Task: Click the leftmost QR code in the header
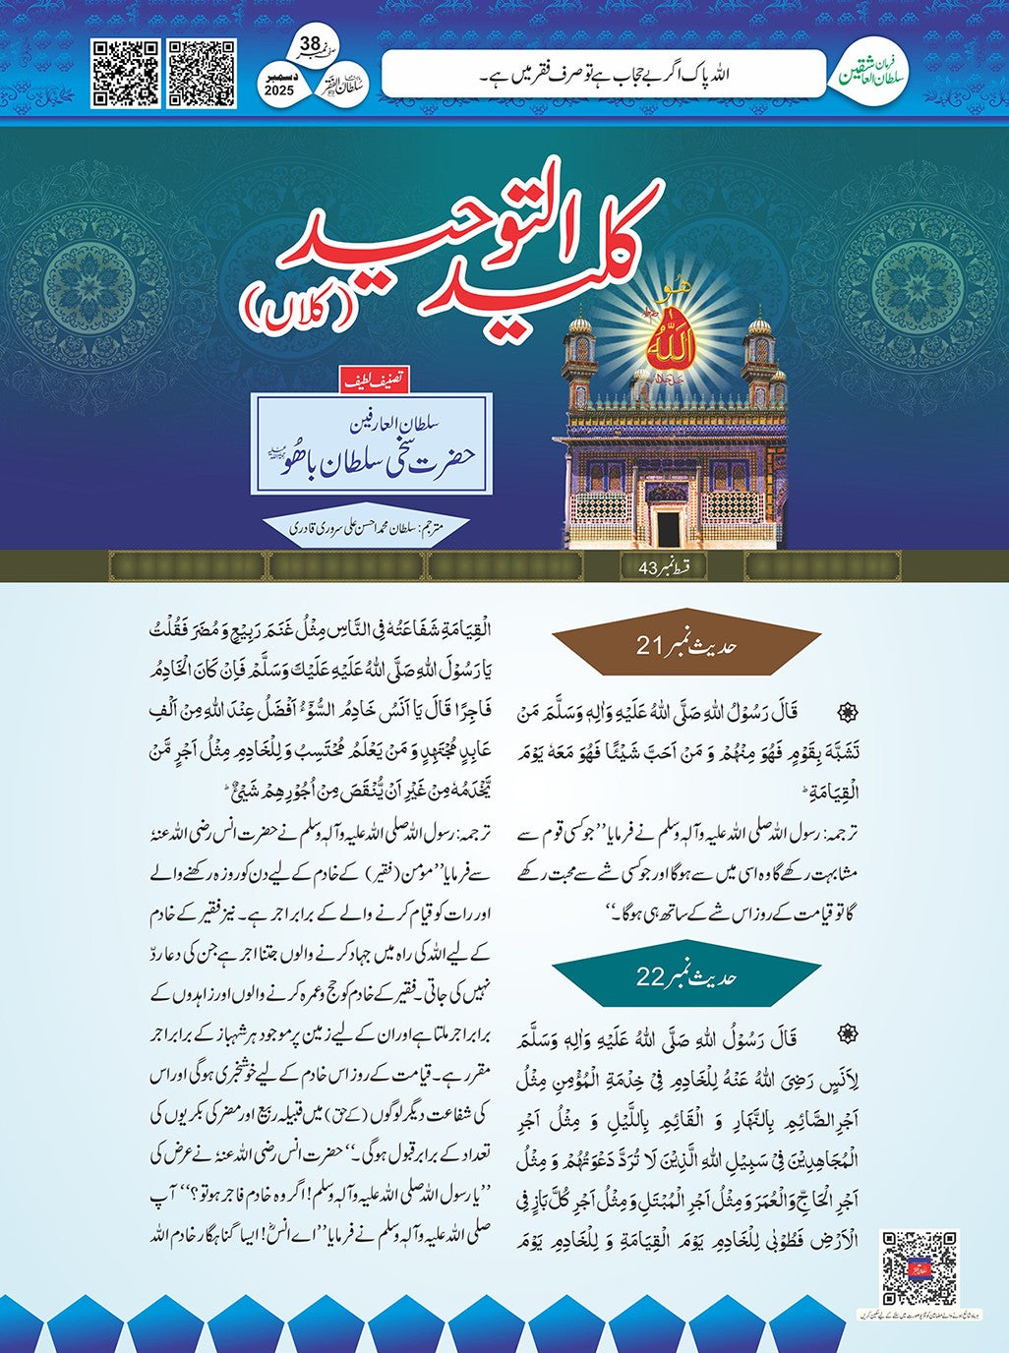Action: tap(125, 74)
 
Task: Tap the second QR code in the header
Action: tap(202, 74)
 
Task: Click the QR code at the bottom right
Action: tap(919, 1267)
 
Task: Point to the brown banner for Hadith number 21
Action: tap(685, 646)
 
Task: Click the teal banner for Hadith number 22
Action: tap(685, 977)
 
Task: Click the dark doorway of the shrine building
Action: tap(669, 528)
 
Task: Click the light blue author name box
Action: tap(371, 442)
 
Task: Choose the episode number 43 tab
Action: tap(662, 567)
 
